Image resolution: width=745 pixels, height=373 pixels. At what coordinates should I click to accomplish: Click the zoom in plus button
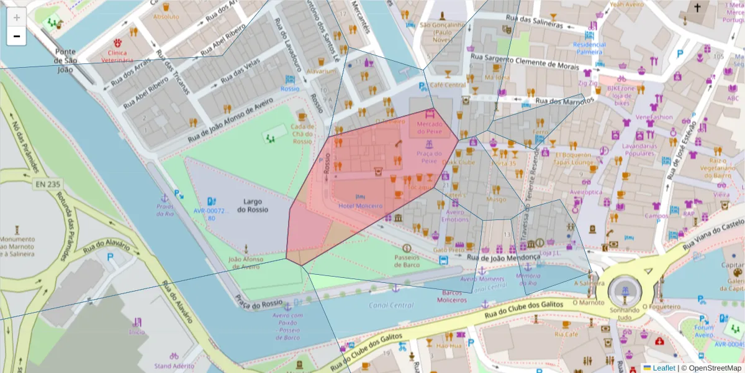coord(17,17)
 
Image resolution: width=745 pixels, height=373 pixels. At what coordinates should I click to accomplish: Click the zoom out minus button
coord(17,36)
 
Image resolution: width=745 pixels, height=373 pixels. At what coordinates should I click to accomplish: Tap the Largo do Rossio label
coord(253,205)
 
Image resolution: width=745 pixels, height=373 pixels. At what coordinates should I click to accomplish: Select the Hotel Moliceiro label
coord(360,206)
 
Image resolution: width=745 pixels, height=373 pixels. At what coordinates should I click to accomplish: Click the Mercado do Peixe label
coord(430,127)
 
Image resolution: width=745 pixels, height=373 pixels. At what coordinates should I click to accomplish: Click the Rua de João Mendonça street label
coord(503,257)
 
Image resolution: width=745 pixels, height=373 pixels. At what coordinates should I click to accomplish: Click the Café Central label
coord(448,85)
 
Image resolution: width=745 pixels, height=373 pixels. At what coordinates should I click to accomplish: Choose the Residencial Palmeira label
coord(589,48)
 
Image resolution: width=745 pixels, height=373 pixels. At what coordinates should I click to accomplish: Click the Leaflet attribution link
coord(664,368)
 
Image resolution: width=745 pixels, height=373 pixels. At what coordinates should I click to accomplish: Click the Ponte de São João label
coord(65,60)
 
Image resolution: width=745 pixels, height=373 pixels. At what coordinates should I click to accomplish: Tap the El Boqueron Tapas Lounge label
coord(575,158)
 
